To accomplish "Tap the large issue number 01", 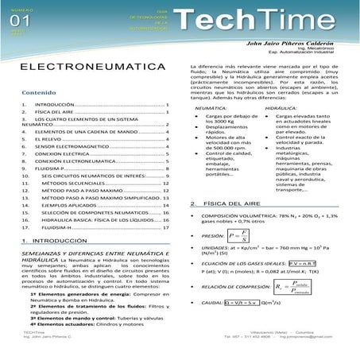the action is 17,21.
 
